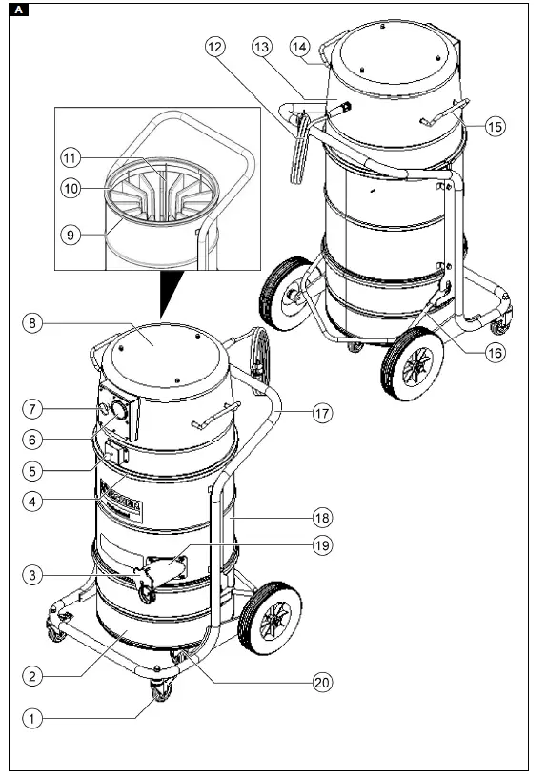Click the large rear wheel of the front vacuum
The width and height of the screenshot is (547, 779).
269,618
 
